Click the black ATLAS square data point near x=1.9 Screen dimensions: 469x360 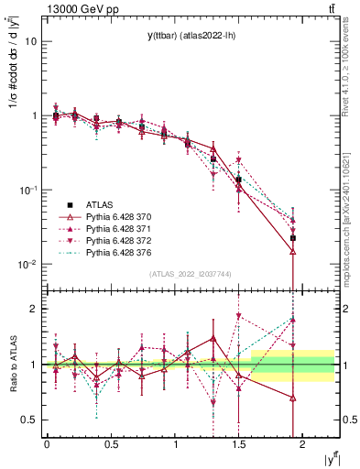click(x=293, y=238)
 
